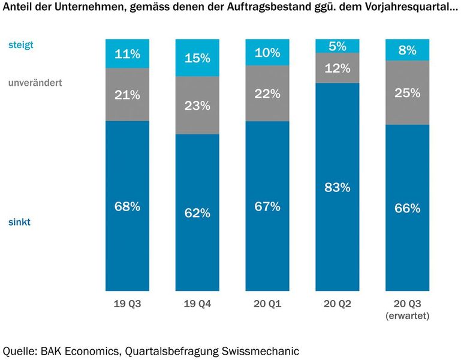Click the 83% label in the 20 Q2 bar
pyautogui.click(x=337, y=187)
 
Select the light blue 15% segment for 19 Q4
pyautogui.click(x=197, y=58)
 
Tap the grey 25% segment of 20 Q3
pyautogui.click(x=407, y=92)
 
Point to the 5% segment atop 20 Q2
pyautogui.click(x=337, y=46)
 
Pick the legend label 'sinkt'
pyautogui.click(x=19, y=222)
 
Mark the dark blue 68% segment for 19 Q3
pyautogui.click(x=127, y=206)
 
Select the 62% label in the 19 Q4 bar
pyautogui.click(x=197, y=212)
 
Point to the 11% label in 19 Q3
pyautogui.click(x=127, y=54)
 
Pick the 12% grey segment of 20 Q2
pyautogui.click(x=337, y=68)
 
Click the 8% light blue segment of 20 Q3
pyautogui.click(x=407, y=50)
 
